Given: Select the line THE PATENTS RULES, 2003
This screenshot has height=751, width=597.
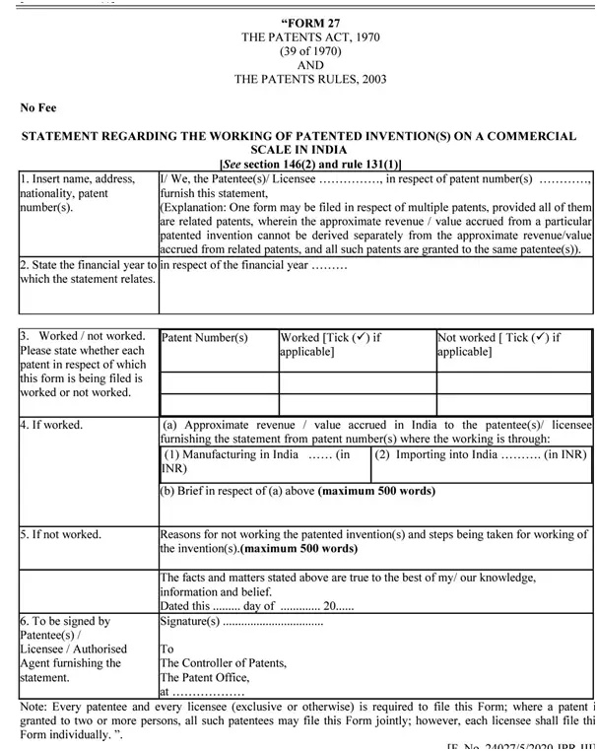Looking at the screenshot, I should (310, 80).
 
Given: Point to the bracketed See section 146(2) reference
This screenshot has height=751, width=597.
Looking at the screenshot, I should (310, 164).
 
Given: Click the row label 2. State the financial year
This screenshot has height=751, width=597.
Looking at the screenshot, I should (88, 264).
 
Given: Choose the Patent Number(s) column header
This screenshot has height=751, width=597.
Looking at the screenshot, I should (204, 337).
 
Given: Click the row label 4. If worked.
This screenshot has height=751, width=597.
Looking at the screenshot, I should (51, 425).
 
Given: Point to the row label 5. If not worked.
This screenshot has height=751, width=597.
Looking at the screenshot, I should (60, 534).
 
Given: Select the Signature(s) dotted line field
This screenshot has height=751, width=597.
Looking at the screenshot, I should (241, 622).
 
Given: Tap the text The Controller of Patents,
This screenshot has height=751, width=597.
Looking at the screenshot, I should (224, 663).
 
